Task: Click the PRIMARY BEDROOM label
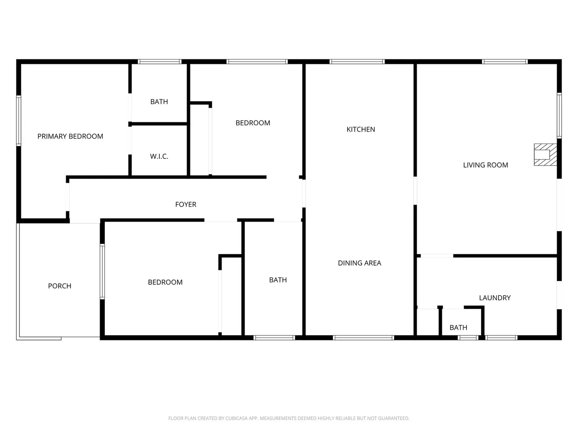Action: pos(70,136)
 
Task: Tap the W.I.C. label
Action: pos(159,156)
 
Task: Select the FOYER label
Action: pos(186,204)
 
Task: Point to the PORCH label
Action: pos(59,286)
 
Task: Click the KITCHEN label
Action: pos(361,129)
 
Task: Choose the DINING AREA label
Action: pos(359,263)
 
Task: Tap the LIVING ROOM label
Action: pos(485,165)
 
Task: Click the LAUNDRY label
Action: pos(495,298)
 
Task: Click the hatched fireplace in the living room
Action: pos(545,154)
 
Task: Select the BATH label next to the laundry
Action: pos(458,328)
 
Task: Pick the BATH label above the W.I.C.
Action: pos(159,102)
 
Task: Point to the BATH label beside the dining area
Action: pos(278,280)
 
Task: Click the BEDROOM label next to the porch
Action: pos(165,282)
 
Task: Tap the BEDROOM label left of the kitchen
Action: pos(252,123)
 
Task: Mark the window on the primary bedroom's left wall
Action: pos(18,120)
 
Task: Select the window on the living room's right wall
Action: pos(559,115)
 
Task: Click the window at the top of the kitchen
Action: pos(357,62)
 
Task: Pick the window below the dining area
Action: pos(363,338)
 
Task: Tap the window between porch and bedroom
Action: pos(102,271)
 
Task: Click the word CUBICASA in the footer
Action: pos(236,418)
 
